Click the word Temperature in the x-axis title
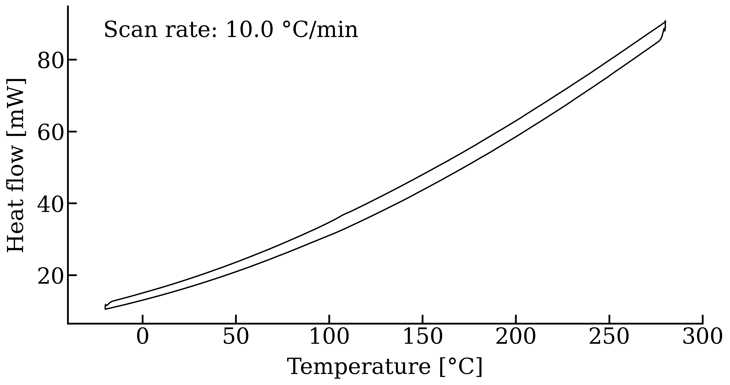pos(359,367)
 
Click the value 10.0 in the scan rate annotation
pos(249,30)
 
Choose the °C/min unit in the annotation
pos(320,30)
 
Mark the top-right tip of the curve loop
pos(665,22)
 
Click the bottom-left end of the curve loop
pos(105,308)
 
